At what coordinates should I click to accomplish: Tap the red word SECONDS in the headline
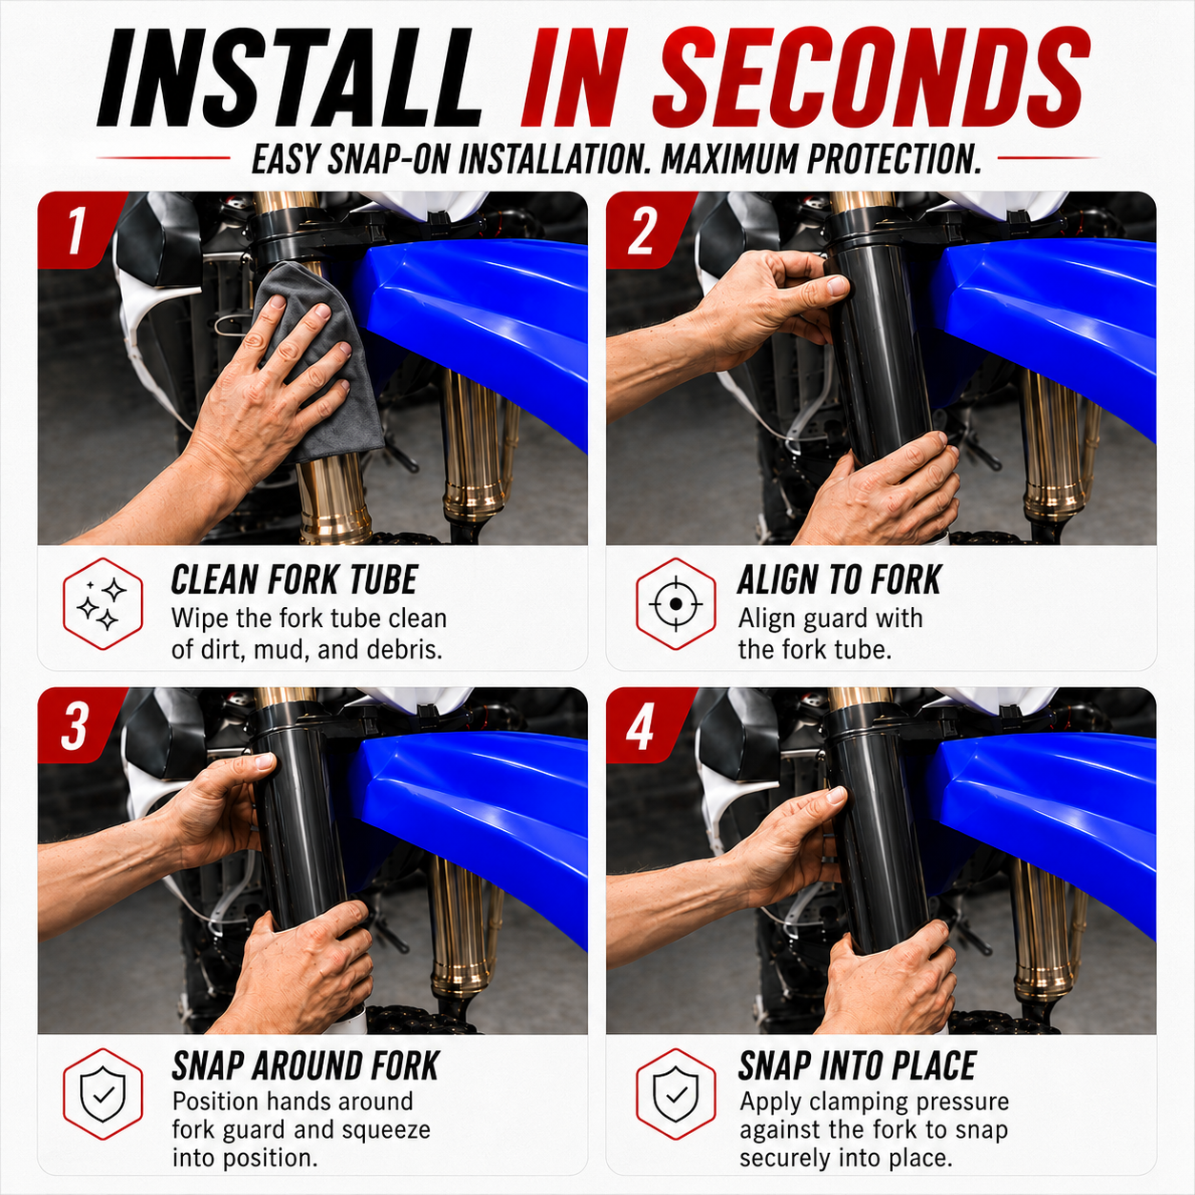point(870,77)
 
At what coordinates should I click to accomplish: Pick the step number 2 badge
point(643,231)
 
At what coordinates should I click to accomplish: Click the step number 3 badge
point(74,725)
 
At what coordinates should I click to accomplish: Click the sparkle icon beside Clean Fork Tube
point(103,603)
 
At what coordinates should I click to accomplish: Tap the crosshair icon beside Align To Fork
point(676,603)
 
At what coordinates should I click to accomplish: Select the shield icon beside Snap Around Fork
point(103,1095)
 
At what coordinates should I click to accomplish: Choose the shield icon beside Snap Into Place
point(676,1095)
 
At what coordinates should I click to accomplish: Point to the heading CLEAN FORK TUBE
point(294,579)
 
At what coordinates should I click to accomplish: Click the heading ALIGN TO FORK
point(840,579)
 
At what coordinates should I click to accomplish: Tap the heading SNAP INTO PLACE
point(858,1066)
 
